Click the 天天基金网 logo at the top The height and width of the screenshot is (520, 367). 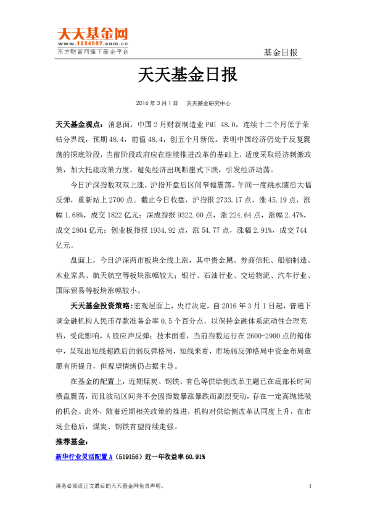click(93, 33)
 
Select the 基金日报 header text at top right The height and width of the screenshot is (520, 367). click(281, 52)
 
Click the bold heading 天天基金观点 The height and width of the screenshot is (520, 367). click(78, 124)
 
